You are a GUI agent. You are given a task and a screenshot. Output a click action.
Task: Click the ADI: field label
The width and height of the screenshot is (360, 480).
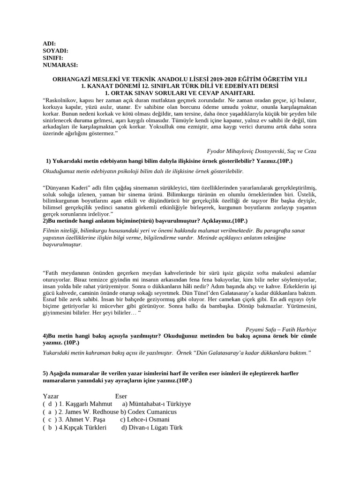tap(49, 44)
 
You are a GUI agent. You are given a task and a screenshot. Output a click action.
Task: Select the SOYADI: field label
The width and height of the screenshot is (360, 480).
tap(55, 51)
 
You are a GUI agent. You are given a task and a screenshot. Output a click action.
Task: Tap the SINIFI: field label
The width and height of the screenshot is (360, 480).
tap(53, 58)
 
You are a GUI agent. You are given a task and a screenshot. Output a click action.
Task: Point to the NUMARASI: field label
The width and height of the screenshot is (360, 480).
tap(60, 65)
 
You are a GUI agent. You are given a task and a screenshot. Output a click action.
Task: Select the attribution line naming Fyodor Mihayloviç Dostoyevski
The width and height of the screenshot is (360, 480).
tap(261, 151)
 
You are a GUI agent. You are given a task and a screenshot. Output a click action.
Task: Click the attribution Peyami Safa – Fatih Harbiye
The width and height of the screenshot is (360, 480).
tap(281, 330)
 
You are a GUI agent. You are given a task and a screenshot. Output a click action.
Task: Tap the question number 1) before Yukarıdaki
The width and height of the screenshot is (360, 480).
tap(48, 161)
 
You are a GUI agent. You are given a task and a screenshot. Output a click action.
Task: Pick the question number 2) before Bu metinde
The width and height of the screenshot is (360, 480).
tap(45, 220)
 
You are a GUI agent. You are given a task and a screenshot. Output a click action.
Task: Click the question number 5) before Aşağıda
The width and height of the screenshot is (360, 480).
tap(45, 373)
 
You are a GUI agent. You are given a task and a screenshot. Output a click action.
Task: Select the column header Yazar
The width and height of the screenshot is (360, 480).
tap(51, 396)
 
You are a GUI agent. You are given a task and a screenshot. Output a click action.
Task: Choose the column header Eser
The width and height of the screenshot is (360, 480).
tap(121, 396)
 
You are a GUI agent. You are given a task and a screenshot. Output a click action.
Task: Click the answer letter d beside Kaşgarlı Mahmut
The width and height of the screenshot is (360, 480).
tap(49, 404)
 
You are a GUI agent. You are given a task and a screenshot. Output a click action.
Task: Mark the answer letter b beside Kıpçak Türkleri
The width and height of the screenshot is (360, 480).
tap(49, 428)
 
